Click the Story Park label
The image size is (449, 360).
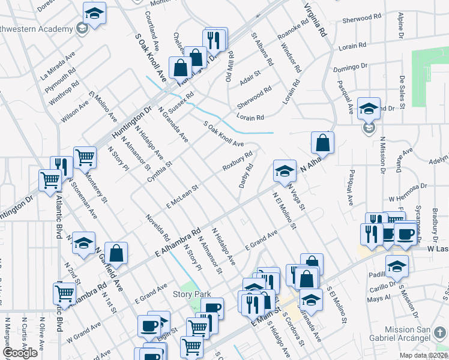pyautogui.click(x=191, y=294)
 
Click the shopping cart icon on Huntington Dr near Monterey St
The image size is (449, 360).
pyautogui.click(x=85, y=158)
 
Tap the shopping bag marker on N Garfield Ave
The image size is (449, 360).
pyautogui.click(x=116, y=253)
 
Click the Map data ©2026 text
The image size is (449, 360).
pyautogui.click(x=422, y=355)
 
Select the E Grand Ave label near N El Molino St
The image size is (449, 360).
pyautogui.click(x=261, y=240)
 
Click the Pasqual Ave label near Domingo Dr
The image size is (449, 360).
pyautogui.click(x=345, y=97)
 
